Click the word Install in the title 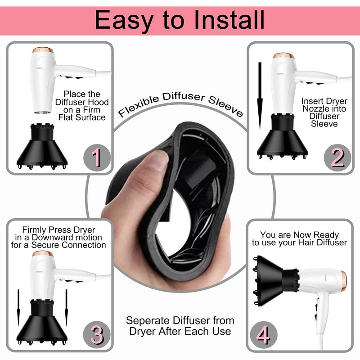[229, 20]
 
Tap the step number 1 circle [97, 158]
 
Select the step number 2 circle [337, 157]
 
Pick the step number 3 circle [97, 334]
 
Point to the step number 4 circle [264, 335]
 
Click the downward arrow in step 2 [260, 96]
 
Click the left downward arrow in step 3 [18, 308]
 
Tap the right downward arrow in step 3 [66, 308]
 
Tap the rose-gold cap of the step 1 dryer [43, 50]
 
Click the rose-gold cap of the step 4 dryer [344, 281]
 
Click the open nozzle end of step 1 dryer [43, 112]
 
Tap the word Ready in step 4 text [326, 235]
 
